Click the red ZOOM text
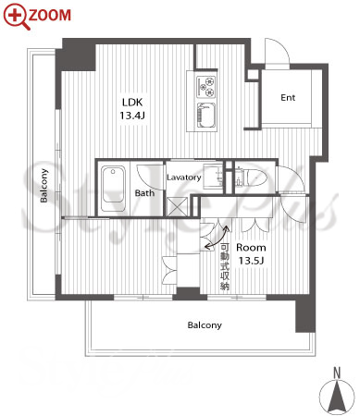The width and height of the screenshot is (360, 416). [x=50, y=15]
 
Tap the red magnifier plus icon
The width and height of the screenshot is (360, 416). [x=16, y=16]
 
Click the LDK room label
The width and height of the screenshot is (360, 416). [x=132, y=102]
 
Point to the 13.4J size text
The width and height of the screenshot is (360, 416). [x=132, y=116]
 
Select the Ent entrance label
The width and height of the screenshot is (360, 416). [x=288, y=98]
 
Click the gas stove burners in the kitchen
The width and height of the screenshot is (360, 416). [x=206, y=86]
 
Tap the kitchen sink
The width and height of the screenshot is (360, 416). [x=206, y=116]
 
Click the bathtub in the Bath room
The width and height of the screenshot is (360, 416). [x=113, y=189]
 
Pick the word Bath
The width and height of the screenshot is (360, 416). [x=144, y=193]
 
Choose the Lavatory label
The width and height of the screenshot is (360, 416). [x=184, y=177]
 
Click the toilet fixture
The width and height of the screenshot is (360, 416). [x=252, y=177]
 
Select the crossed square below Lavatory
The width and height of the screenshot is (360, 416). [x=177, y=206]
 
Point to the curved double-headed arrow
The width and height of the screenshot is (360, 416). [x=217, y=238]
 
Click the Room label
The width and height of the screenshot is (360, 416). [x=251, y=248]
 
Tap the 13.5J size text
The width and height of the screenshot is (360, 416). [x=251, y=261]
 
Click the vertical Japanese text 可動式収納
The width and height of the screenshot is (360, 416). [x=225, y=267]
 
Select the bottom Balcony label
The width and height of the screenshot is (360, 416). [x=205, y=325]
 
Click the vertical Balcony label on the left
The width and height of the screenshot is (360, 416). [x=44, y=186]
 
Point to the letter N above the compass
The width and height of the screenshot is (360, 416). [x=337, y=373]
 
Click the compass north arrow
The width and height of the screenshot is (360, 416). [x=337, y=397]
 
